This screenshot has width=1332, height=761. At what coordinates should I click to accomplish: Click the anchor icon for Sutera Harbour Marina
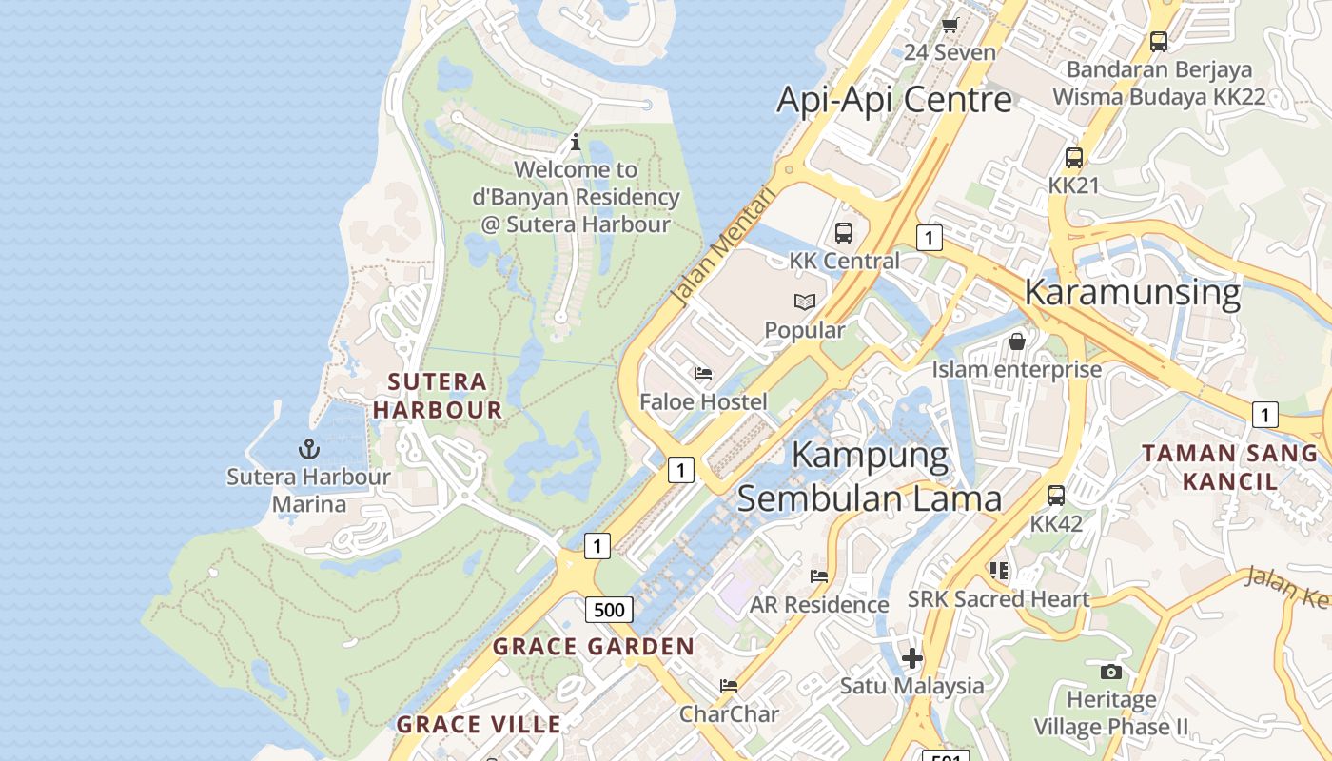pyautogui.click(x=308, y=448)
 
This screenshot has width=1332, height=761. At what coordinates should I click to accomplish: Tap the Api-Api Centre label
pyautogui.click(x=893, y=99)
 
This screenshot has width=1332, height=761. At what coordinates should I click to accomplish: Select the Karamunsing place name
pyautogui.click(x=1132, y=292)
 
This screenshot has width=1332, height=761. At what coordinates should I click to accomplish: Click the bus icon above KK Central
pyautogui.click(x=843, y=232)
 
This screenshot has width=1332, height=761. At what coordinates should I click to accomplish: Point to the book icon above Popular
pyautogui.click(x=805, y=302)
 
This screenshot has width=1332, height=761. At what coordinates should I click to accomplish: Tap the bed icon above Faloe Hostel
pyautogui.click(x=703, y=374)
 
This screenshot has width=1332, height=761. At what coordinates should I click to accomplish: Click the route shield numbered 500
pyautogui.click(x=609, y=610)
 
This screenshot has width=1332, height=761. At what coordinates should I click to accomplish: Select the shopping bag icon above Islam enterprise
pyautogui.click(x=1016, y=341)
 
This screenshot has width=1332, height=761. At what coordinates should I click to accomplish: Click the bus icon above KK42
pyautogui.click(x=1056, y=496)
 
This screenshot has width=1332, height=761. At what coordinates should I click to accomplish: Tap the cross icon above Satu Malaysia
pyautogui.click(x=911, y=657)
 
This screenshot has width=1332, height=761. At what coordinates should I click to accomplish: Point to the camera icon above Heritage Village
pyautogui.click(x=1110, y=672)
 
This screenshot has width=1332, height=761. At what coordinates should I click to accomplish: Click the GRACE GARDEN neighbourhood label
pyautogui.click(x=594, y=647)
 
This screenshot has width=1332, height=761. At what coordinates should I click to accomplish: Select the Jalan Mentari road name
pyautogui.click(x=723, y=245)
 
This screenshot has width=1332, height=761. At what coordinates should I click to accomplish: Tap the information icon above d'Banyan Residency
pyautogui.click(x=576, y=143)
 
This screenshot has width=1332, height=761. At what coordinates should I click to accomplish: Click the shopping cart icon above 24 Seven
pyautogui.click(x=950, y=25)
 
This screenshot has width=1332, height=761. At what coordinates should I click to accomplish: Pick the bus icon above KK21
pyautogui.click(x=1073, y=158)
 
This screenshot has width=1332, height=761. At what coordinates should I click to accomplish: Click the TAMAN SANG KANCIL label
pyautogui.click(x=1229, y=466)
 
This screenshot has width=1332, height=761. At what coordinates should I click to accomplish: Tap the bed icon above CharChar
pyautogui.click(x=729, y=685)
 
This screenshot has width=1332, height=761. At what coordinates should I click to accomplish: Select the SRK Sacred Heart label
pyautogui.click(x=998, y=599)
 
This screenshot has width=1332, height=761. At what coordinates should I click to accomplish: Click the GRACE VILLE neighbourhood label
pyautogui.click(x=479, y=724)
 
